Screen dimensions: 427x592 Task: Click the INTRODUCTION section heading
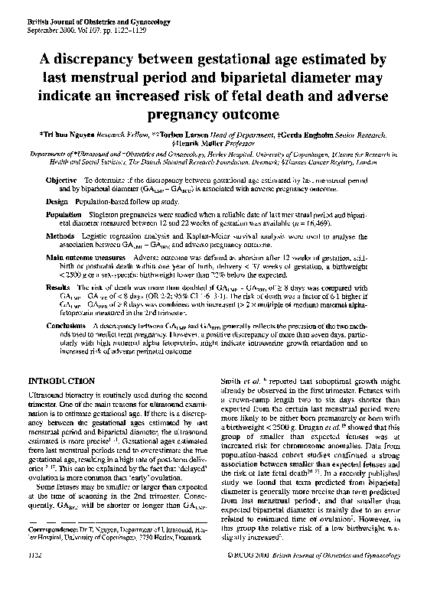click(x=61, y=380)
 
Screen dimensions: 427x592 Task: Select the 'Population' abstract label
click(x=64, y=216)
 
